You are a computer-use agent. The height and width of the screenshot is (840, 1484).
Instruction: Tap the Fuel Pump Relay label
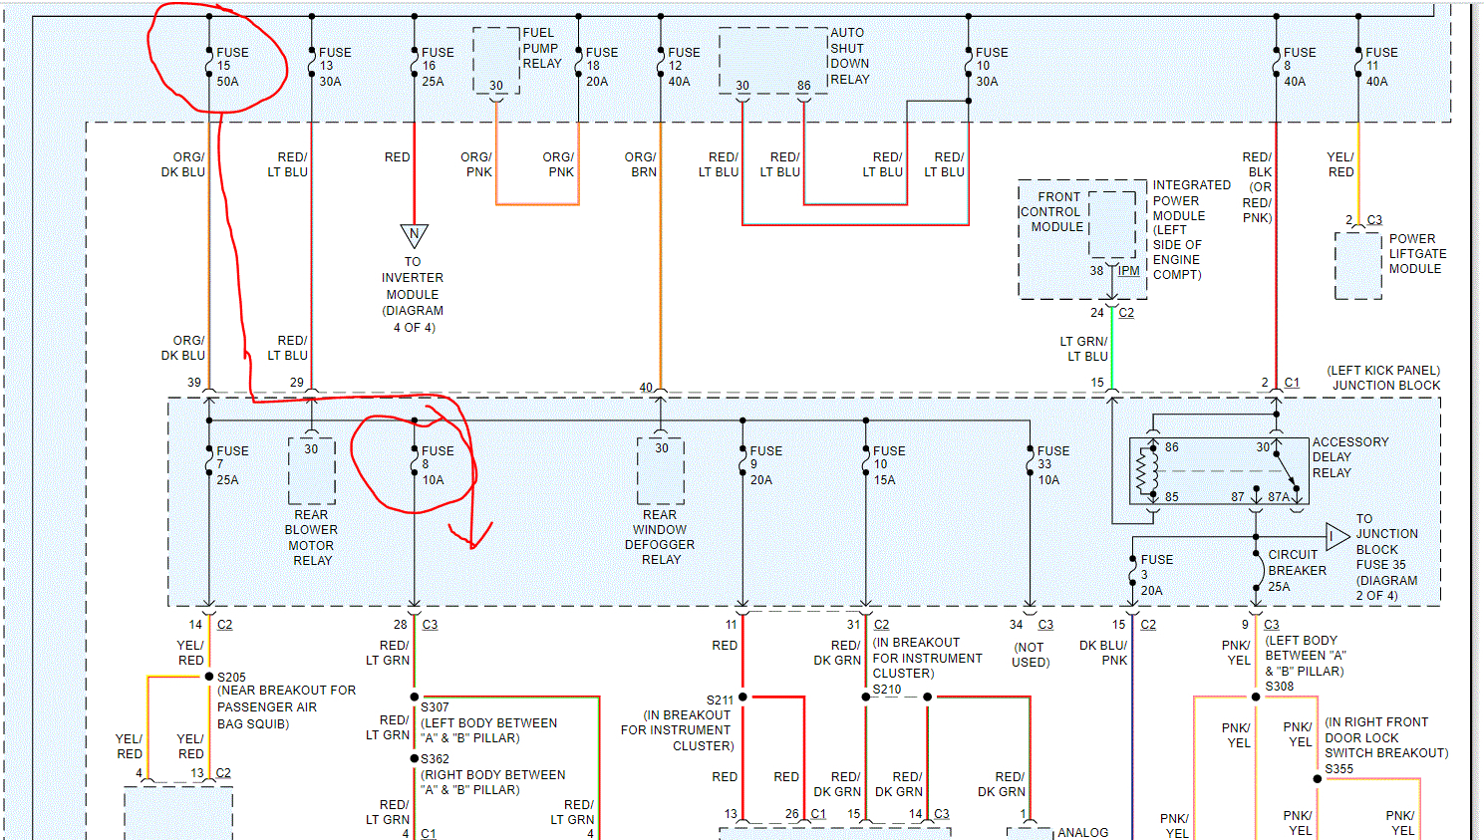(541, 48)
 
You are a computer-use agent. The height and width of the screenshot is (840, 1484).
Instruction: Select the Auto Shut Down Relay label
(849, 56)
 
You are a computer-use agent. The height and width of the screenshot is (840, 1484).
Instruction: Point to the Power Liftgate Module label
(1416, 254)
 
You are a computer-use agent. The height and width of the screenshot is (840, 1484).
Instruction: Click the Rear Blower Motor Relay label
(311, 538)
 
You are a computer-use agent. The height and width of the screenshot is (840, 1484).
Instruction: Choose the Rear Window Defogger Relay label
(660, 538)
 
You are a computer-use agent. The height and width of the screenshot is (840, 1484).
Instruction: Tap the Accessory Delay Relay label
(1349, 457)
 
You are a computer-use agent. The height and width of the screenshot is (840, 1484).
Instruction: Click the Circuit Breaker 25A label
(1296, 571)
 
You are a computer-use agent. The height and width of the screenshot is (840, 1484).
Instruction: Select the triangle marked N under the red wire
(414, 235)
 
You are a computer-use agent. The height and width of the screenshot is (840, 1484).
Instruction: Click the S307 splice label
(435, 707)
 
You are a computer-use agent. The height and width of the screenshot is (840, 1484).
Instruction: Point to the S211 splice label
(720, 700)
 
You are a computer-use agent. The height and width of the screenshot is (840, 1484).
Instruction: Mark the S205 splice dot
(209, 677)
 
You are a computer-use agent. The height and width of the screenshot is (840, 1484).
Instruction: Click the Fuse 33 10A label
(1052, 465)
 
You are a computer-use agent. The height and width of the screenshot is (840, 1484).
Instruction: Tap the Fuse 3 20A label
(1155, 575)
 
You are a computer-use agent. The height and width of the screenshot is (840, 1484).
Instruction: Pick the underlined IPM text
(1128, 271)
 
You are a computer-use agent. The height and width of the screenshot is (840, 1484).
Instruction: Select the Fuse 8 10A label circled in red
(437, 465)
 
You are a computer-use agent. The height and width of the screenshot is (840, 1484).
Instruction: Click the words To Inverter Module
(413, 286)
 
